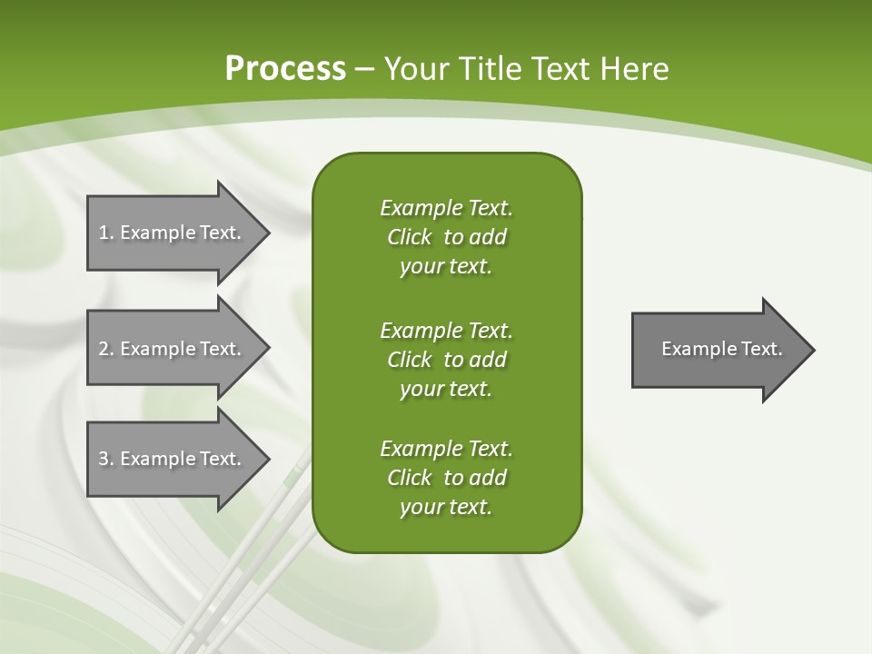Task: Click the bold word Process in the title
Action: [285, 69]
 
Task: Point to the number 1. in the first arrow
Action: [106, 233]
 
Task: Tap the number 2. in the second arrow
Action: [106, 349]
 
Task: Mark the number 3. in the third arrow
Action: [106, 459]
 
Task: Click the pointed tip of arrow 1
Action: [264, 233]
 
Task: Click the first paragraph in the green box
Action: [446, 237]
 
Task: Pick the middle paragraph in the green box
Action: [446, 359]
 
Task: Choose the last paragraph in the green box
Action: [446, 478]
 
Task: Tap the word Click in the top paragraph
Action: [409, 237]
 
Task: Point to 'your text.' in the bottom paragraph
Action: [446, 508]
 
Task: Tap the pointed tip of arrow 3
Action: [264, 459]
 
